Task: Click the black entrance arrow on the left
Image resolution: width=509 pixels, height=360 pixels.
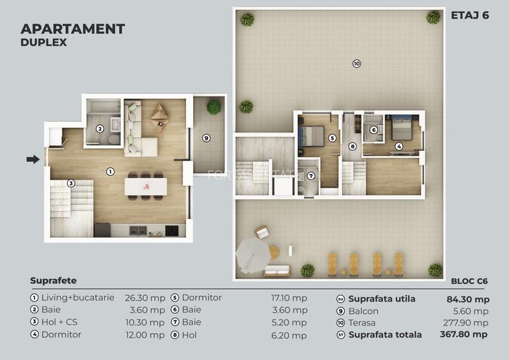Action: [33, 159]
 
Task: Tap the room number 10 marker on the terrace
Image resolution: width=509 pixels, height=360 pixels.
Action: [356, 63]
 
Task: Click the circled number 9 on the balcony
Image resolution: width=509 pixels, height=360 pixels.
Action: [206, 137]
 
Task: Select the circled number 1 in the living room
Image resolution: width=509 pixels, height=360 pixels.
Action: [110, 171]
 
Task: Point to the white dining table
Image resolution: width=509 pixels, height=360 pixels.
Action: [146, 186]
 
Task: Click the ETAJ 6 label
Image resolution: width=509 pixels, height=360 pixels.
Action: [469, 15]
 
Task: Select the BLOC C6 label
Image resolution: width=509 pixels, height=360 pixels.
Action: [470, 280]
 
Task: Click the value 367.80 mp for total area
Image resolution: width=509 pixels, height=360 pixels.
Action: [464, 334]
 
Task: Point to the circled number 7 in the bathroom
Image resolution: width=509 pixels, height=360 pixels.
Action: [311, 176]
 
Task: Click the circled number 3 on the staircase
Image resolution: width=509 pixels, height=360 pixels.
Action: [71, 184]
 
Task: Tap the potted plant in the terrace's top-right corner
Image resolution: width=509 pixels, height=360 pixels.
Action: [433, 17]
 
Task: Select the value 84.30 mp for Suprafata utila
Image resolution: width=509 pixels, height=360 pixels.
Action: [467, 299]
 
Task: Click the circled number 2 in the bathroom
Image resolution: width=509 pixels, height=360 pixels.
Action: [100, 129]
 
